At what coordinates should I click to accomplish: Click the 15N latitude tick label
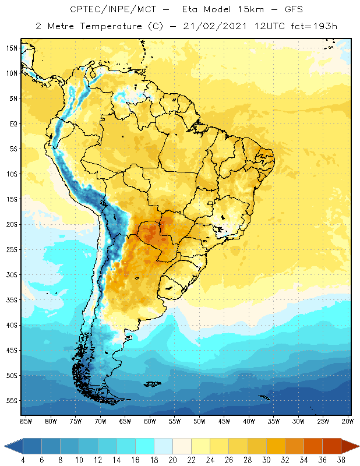(x=12, y=48)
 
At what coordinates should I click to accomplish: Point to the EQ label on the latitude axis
(x=13, y=123)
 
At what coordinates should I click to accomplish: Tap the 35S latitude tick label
(x=12, y=299)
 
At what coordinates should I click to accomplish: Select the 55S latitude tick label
(x=12, y=400)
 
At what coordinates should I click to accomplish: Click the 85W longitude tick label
(x=26, y=421)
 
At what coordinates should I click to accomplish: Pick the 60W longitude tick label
(x=150, y=421)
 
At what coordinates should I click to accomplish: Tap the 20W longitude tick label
(x=348, y=421)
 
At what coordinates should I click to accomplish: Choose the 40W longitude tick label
(x=249, y=421)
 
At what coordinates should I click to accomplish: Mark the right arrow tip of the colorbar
(x=358, y=446)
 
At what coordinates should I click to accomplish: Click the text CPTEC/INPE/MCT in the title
(x=108, y=10)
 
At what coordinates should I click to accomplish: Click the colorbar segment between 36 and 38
(x=332, y=446)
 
